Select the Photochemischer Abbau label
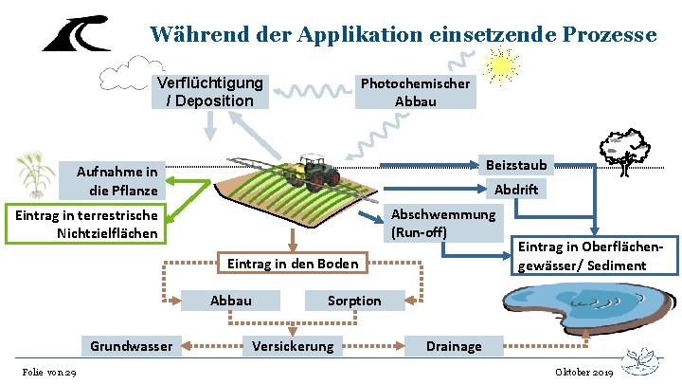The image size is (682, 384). pos(415,92)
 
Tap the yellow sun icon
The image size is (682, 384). pos(500,64)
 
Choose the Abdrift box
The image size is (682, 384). pos(515,189)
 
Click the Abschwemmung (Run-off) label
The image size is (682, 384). pos(442,222)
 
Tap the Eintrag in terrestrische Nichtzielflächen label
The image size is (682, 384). pos(86,224)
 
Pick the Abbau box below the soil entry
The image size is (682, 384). pos(231,301)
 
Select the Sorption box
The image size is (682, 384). pos(354,301)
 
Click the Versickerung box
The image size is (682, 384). pos(293,346)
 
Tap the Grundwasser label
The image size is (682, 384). pos(132,346)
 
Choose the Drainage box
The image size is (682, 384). pos(453,346)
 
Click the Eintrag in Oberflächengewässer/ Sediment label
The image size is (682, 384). pos(582,255)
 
